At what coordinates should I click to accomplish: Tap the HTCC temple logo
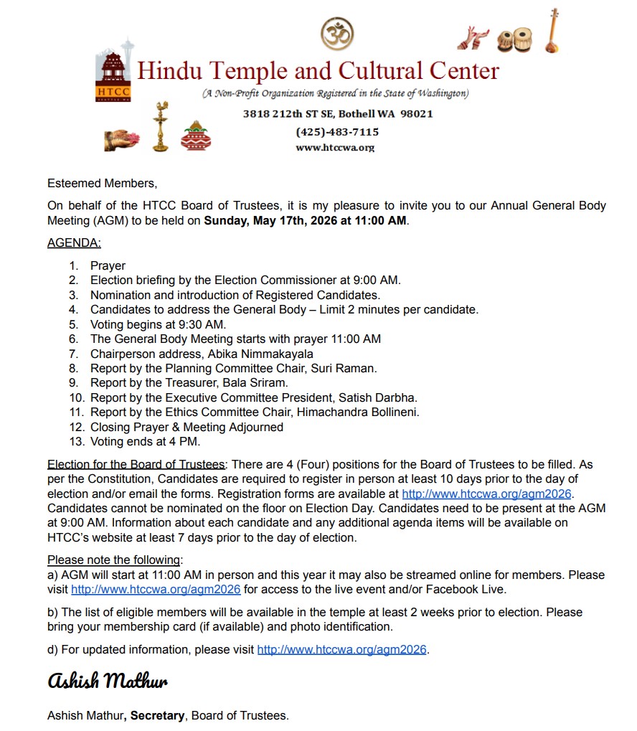113,74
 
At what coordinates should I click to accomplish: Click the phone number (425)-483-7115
337,132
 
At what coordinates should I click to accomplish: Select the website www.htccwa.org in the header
335,148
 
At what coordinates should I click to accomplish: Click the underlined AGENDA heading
74,242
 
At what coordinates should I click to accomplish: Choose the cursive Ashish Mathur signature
108,680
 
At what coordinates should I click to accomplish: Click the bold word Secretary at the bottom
157,715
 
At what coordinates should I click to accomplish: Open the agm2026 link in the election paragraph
488,494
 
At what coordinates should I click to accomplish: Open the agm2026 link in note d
341,650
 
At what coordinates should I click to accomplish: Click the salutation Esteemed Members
102,184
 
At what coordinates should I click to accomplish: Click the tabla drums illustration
514,39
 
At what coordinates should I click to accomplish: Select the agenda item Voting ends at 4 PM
145,441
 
